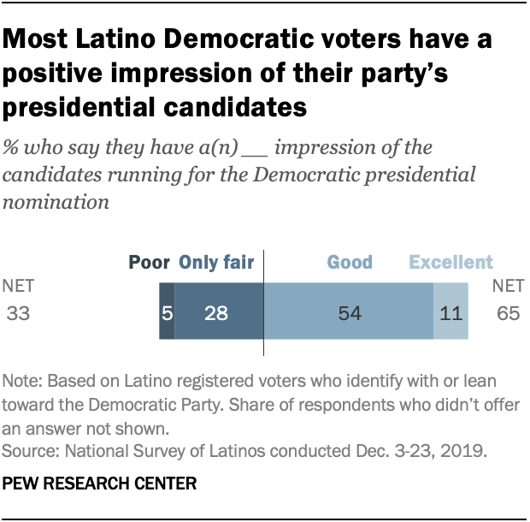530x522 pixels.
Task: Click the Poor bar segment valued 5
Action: pos(167,313)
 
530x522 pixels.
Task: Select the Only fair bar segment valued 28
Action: pos(219,313)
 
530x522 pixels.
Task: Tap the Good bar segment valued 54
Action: pos(348,313)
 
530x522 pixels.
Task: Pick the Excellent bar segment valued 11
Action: pos(450,313)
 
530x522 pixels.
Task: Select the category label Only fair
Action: pos(215,263)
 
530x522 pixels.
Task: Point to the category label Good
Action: pos(349,263)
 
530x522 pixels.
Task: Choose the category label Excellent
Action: pos(450,263)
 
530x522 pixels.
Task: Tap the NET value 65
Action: pos(507,312)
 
